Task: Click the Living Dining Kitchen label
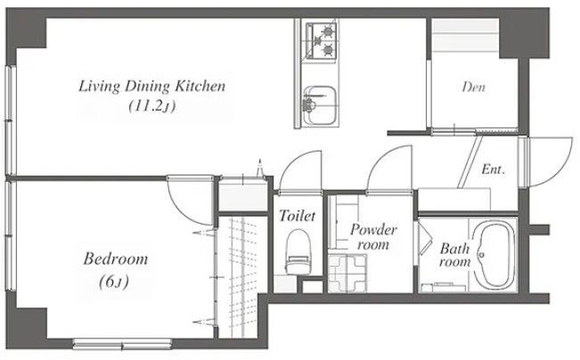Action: point(152,86)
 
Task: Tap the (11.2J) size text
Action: point(152,107)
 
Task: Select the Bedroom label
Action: point(116,258)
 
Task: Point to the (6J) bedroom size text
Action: point(114,282)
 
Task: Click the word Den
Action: point(473,87)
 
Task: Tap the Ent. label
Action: point(493,170)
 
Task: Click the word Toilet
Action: point(298,216)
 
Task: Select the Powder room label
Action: point(373,237)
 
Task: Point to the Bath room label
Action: point(455,255)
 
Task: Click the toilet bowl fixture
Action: point(298,251)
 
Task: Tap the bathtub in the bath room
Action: point(494,254)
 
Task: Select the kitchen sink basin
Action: point(320,105)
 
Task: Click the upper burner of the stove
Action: point(328,31)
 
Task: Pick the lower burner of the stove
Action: point(328,49)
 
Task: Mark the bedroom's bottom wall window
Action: point(122,344)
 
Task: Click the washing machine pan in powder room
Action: point(347,273)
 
